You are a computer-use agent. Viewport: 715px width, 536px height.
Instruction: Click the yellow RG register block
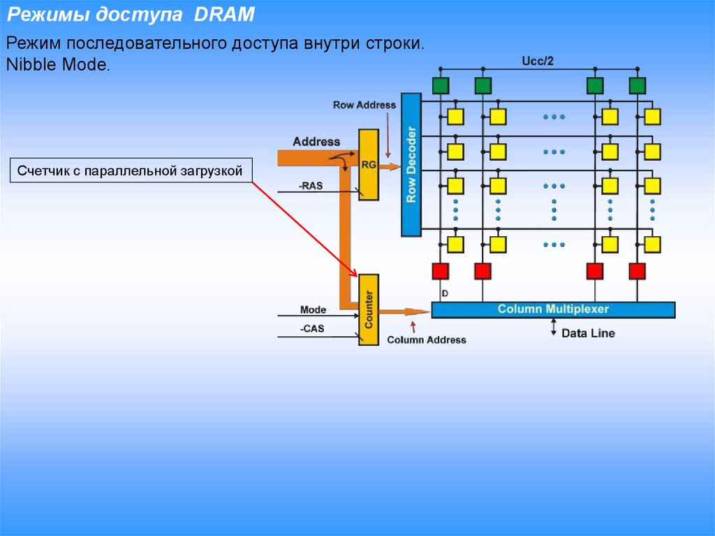click(368, 164)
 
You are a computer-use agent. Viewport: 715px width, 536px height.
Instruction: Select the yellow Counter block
click(368, 309)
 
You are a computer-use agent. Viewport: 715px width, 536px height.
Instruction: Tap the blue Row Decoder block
click(411, 165)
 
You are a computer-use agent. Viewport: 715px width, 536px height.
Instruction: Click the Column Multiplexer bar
click(553, 310)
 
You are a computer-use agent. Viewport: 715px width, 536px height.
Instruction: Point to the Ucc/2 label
click(538, 61)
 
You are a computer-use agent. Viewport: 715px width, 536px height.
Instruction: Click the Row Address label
click(364, 105)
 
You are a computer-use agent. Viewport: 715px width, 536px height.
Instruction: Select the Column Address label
click(426, 340)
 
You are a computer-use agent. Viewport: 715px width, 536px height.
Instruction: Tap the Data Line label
click(588, 333)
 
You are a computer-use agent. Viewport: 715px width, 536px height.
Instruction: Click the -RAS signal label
click(311, 186)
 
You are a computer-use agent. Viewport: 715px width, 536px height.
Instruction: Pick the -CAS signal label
click(311, 328)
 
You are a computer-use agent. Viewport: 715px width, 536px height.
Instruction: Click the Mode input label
click(313, 310)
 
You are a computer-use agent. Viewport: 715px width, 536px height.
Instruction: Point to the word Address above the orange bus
click(316, 141)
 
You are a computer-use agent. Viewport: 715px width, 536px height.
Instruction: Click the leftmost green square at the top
click(440, 85)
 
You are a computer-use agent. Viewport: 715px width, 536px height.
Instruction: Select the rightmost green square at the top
click(637, 85)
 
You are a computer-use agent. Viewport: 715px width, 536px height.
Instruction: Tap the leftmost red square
click(440, 270)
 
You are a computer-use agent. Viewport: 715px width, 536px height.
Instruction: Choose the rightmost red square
click(637, 270)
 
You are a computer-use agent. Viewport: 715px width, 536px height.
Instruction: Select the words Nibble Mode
click(58, 65)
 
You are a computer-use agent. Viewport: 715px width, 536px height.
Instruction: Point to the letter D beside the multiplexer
click(445, 293)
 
